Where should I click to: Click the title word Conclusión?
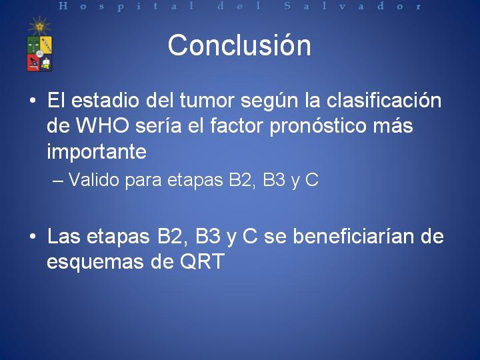coord(239,45)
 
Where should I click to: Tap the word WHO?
coord(102,125)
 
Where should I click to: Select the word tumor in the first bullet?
coord(207,100)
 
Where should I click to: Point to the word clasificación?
coord(384,100)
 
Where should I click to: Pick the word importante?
coord(97,152)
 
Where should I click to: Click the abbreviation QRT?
coord(202,261)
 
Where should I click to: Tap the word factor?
coord(237,125)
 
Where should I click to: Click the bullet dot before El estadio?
coord(33,101)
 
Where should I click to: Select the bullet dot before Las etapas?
coord(33,237)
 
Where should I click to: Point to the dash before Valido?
coord(58,181)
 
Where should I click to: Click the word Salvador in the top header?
coord(353,6)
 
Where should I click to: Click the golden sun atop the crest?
coord(39,26)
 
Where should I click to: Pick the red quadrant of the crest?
coord(33,63)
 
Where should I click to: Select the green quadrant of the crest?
coord(33,45)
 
